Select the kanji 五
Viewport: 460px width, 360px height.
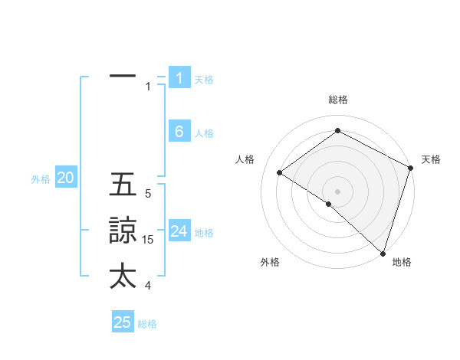click(123, 185)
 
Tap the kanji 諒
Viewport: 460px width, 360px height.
click(123, 231)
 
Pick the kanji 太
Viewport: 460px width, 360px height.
click(123, 276)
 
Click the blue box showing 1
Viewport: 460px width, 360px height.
click(179, 78)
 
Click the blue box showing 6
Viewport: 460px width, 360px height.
click(179, 132)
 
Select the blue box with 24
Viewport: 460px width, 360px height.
click(179, 231)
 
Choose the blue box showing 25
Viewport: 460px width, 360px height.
click(123, 322)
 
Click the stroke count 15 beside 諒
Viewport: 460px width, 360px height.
click(148, 240)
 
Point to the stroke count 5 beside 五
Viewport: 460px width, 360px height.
click(148, 194)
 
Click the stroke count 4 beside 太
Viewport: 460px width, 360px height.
click(148, 286)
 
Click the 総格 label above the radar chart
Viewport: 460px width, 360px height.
click(338, 100)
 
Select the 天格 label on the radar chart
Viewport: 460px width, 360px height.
click(431, 159)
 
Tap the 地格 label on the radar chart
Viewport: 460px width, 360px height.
click(402, 262)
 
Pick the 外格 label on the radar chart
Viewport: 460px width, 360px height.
click(270, 262)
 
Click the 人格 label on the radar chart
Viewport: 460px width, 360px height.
click(245, 159)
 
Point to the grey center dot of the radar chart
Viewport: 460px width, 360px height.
click(337, 191)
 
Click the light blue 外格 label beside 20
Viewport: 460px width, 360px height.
click(41, 179)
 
